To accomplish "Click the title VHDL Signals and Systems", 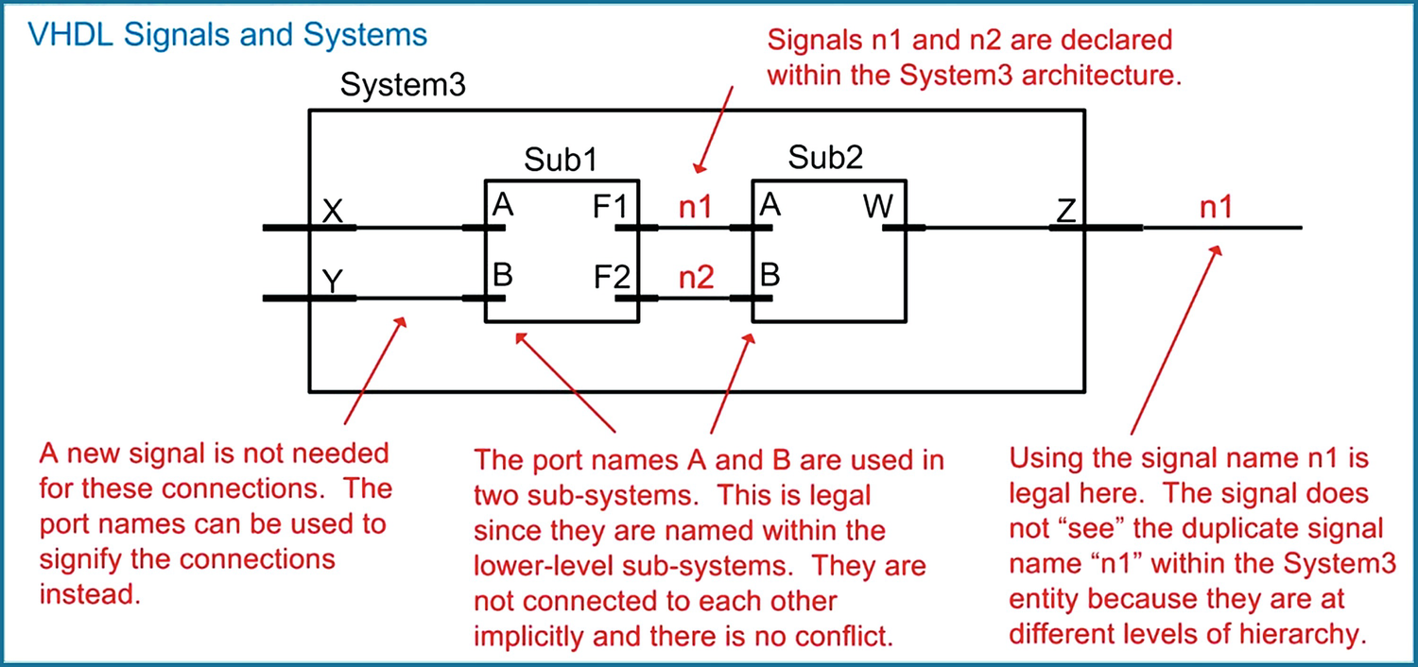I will pyautogui.click(x=227, y=36).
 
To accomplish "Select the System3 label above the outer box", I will pyautogui.click(x=403, y=87).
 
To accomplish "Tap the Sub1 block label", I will pyautogui.click(x=562, y=159).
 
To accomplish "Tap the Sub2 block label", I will pyautogui.click(x=827, y=158).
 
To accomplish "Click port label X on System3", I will pyautogui.click(x=333, y=211).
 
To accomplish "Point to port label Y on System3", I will pyautogui.click(x=333, y=281).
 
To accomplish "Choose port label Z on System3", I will pyautogui.click(x=1066, y=211).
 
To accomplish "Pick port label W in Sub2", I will pyautogui.click(x=878, y=208).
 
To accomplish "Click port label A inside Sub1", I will pyautogui.click(x=502, y=206).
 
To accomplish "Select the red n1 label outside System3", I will pyautogui.click(x=1216, y=208).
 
